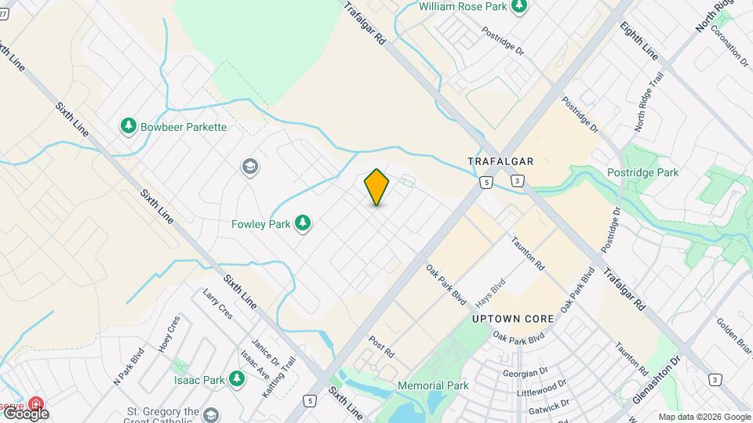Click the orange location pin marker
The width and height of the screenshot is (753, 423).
coord(377,187)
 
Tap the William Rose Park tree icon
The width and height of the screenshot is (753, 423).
coord(518,6)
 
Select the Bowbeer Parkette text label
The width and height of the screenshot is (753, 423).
coord(184,126)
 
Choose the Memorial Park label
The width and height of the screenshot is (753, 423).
coord(433,385)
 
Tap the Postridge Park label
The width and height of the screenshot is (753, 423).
coord(642,172)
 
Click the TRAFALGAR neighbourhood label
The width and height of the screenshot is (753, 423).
coord(500,161)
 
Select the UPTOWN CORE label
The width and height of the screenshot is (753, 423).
coord(513,319)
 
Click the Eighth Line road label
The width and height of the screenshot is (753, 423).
coord(638,42)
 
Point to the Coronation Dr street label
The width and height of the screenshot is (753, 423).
coord(730,45)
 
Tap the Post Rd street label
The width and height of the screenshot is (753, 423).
coord(380,349)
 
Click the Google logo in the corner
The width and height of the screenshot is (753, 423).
coord(25,413)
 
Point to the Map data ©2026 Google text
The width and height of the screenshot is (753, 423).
coord(704,417)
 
